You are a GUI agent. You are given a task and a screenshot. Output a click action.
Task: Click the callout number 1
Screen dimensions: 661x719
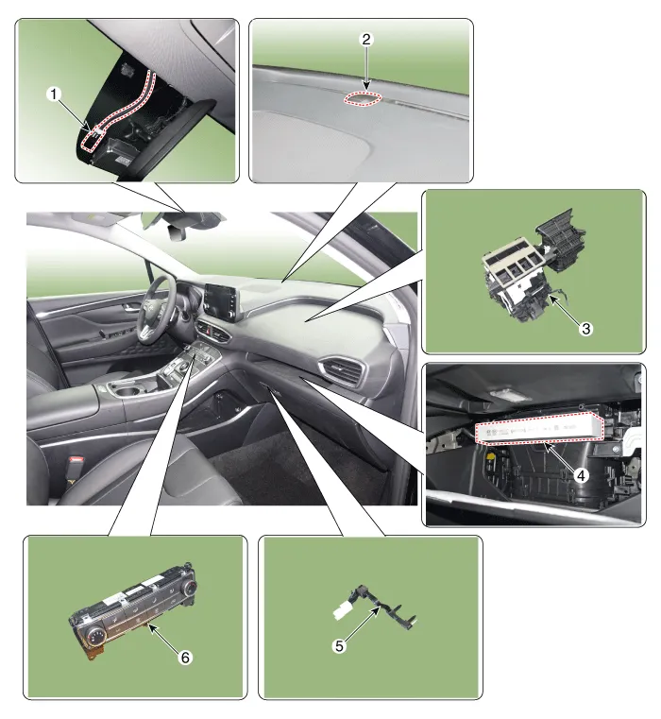(54, 94)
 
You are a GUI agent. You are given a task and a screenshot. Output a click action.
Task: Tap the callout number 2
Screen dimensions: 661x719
(365, 40)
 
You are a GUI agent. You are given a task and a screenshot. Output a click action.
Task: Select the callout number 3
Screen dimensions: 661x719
(585, 328)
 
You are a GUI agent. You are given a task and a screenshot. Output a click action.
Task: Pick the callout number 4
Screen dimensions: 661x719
(581, 475)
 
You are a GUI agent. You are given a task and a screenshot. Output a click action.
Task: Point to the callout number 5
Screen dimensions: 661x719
(339, 646)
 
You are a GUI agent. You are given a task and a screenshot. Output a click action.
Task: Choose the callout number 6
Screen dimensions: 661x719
(185, 658)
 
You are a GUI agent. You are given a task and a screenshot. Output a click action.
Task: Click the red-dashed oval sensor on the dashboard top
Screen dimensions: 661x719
(363, 98)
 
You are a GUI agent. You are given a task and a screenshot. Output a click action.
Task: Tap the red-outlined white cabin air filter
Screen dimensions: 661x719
(539, 428)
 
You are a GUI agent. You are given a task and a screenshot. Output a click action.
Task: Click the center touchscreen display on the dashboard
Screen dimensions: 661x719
(222, 300)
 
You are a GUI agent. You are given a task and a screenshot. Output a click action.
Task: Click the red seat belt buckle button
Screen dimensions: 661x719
(77, 458)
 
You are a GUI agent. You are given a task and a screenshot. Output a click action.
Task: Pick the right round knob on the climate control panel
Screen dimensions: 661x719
(189, 587)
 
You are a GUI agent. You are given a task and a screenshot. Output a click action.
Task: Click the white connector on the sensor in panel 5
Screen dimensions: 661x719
(342, 611)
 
